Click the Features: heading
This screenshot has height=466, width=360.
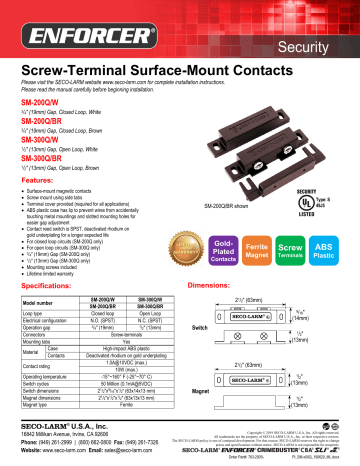click(x=35, y=180)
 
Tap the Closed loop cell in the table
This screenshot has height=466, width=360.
click(x=105, y=312)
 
